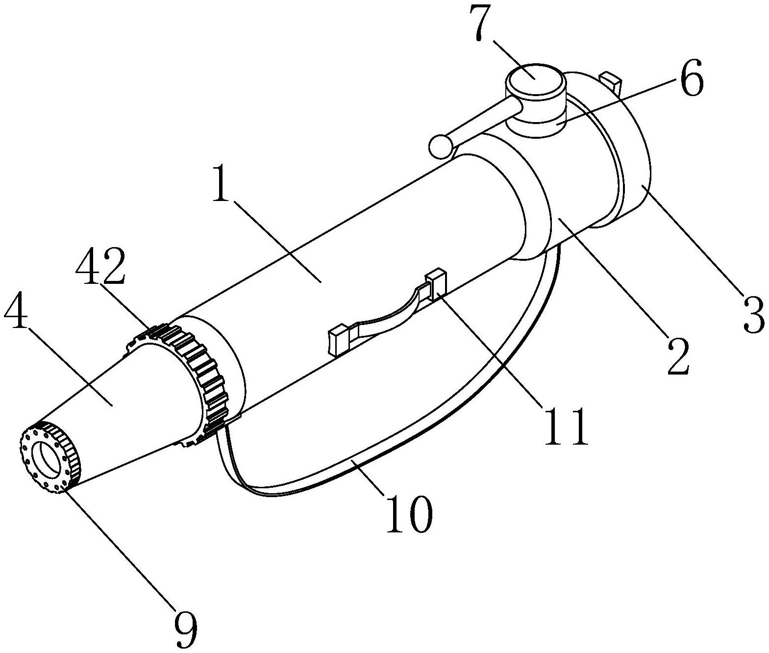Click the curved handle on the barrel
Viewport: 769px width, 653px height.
(387, 313)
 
